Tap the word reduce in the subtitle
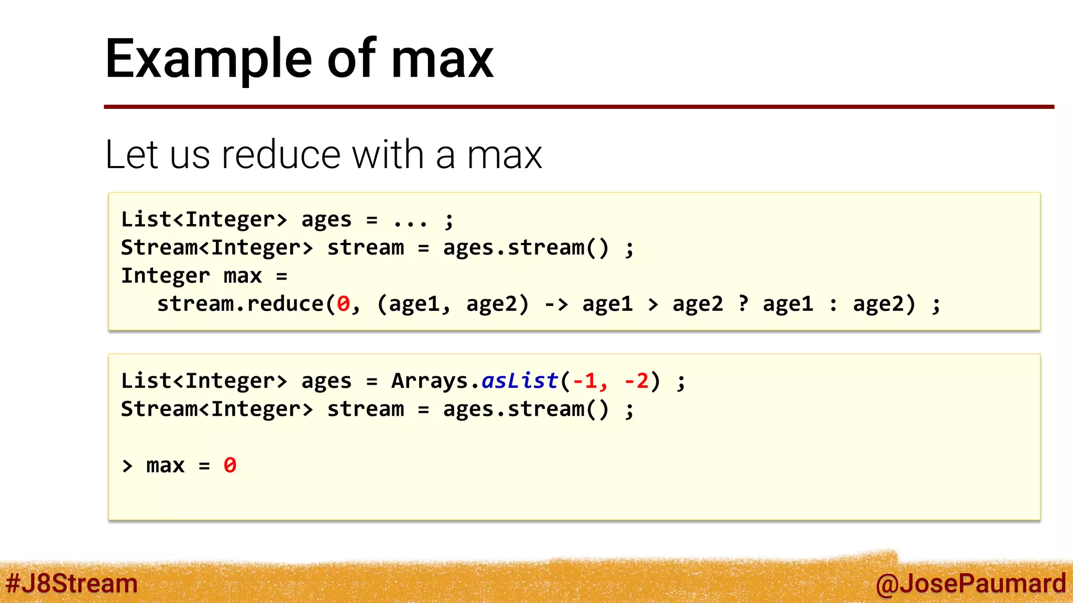pos(281,155)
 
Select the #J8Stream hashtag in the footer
pos(71,584)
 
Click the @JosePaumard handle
pos(970,584)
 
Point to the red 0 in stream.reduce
pos(343,304)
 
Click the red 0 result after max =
pos(229,465)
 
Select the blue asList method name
pos(520,381)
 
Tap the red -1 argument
pos(585,381)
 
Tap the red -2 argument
pos(636,381)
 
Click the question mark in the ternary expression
pos(743,304)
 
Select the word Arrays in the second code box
pos(430,381)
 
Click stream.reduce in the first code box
pos(240,304)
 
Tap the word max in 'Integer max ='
pos(243,276)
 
